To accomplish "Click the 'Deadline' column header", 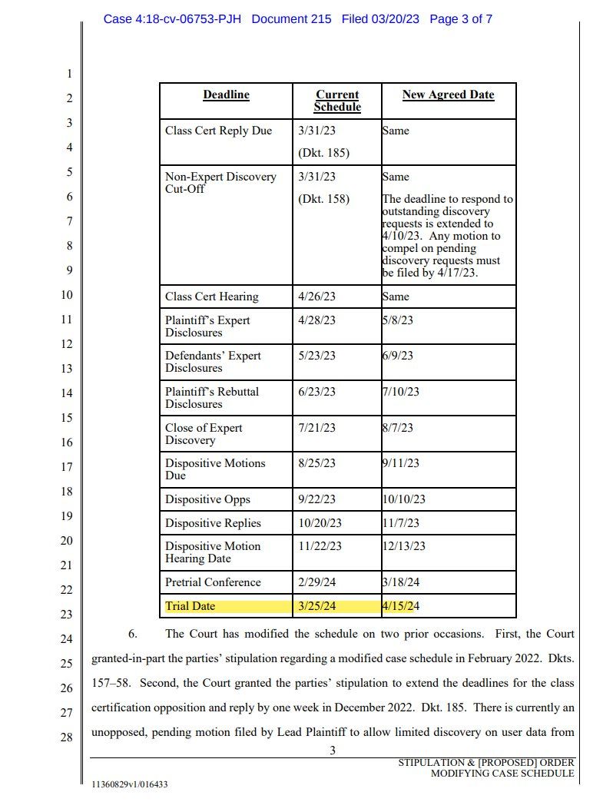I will [226, 95].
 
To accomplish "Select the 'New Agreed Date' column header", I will [448, 95].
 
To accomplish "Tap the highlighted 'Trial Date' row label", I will [191, 606].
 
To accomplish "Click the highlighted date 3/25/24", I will [316, 606].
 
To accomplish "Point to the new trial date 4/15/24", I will [401, 606].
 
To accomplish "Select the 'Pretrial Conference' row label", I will [213, 582].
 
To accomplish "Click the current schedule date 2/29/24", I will [316, 582].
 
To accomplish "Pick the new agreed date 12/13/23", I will [404, 546].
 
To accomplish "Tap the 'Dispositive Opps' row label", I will [207, 499].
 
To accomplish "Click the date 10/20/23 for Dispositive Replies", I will [320, 523].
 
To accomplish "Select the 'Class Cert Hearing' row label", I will [211, 297].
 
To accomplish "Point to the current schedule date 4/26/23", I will [316, 297].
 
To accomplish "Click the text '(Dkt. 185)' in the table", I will [323, 153].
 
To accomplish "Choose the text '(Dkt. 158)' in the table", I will [323, 199].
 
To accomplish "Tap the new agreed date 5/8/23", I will [397, 320].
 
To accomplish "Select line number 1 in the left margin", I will [69, 75].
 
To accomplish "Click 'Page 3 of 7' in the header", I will [461, 18].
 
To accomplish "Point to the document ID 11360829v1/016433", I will [129, 784].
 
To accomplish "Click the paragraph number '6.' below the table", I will [132, 635].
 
